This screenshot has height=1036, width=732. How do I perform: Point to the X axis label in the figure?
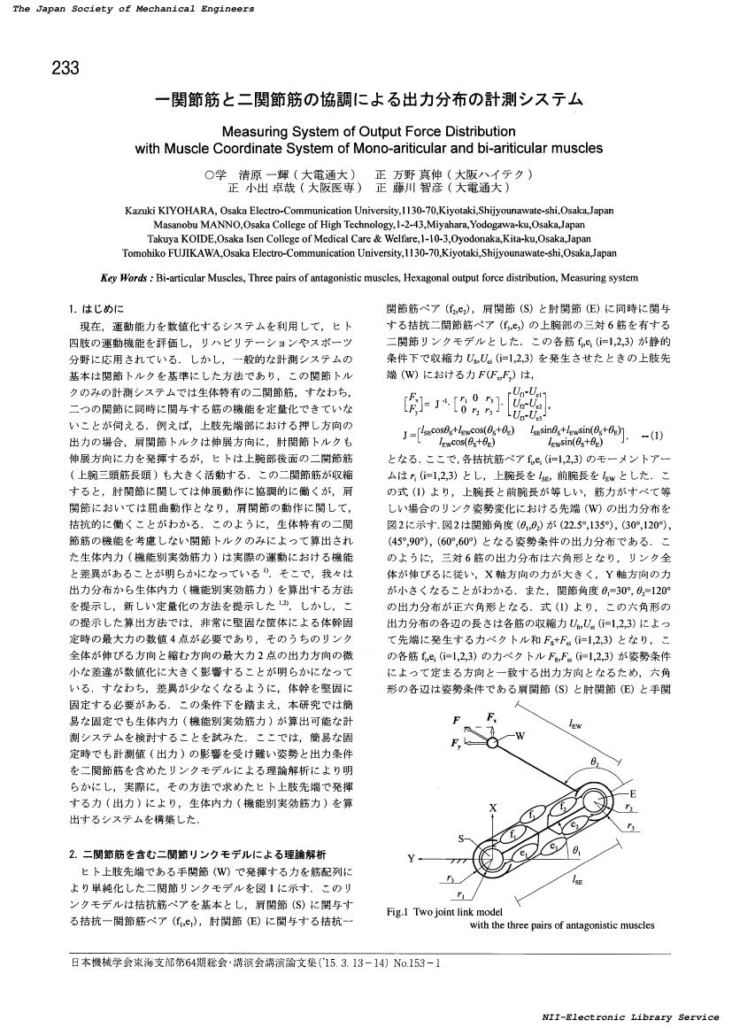pyautogui.click(x=492, y=808)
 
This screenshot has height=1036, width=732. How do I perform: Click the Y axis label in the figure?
pyautogui.click(x=411, y=859)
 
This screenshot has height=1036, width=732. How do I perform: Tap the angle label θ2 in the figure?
pyautogui.click(x=594, y=761)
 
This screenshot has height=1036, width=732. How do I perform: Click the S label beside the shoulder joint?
pyautogui.click(x=461, y=838)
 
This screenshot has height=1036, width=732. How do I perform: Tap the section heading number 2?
pyautogui.click(x=72, y=854)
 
